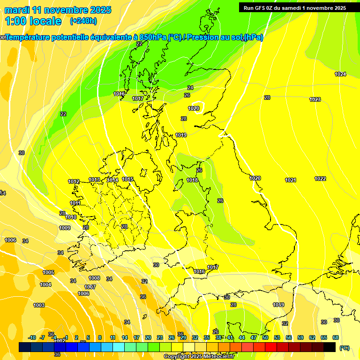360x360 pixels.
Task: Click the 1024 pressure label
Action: coord(340,75)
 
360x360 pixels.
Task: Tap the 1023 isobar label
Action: coord(315,99)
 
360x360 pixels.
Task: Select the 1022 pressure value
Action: coord(320,179)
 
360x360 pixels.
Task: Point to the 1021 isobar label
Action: coord(291,180)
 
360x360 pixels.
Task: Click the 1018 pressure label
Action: coord(192,180)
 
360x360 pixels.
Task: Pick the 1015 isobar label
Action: coord(128,179)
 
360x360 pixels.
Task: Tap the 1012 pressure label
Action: coord(74,181)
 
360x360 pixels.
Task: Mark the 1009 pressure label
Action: coord(65,228)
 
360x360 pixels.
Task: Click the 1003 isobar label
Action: coord(39,305)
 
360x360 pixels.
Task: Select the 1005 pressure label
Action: coord(48,272)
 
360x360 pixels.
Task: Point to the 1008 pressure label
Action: coord(94,278)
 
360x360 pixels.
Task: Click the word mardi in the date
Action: coord(17,10)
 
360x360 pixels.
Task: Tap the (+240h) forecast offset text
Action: coord(83,21)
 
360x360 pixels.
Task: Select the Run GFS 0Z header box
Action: coord(295,7)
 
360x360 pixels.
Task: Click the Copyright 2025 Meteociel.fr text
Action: coord(199,356)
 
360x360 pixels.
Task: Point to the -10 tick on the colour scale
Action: coord(32,337)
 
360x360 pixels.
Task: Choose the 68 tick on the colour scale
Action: coord(336,337)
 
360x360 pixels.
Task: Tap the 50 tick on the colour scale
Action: coord(265,337)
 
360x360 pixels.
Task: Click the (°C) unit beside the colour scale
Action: coord(344,347)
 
